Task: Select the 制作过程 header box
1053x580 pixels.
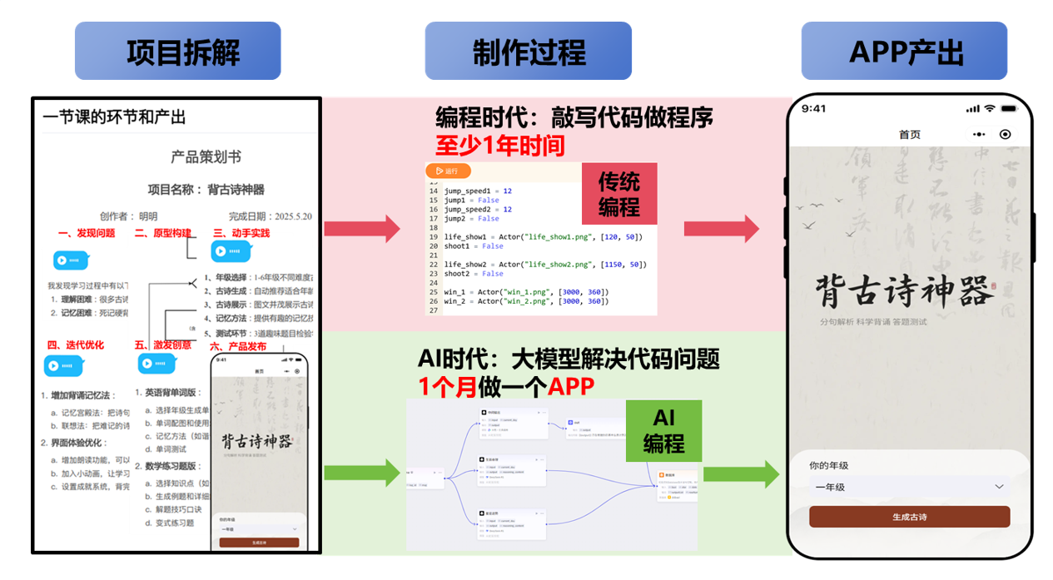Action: tap(529, 52)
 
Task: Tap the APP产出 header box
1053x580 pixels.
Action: tap(905, 52)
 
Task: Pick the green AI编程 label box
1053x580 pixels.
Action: tap(663, 431)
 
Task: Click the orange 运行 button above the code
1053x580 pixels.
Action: tap(448, 171)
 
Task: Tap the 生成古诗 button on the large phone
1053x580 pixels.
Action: tap(909, 517)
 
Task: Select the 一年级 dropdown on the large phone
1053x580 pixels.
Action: tap(909, 487)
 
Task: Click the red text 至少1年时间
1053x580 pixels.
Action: tap(499, 146)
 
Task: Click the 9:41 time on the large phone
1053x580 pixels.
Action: tap(813, 109)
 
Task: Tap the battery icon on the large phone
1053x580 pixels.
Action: tap(1010, 109)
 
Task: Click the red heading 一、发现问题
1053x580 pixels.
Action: tap(87, 234)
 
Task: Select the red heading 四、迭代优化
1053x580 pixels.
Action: tap(76, 345)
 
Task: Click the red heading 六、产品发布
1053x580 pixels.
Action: tap(238, 346)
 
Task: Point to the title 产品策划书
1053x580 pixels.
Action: tap(206, 157)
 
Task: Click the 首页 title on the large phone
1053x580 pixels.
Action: tap(910, 135)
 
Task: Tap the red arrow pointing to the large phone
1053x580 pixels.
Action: tap(721, 228)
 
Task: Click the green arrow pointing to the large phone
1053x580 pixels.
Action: tap(741, 474)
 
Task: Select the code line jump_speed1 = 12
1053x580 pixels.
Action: tap(478, 191)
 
